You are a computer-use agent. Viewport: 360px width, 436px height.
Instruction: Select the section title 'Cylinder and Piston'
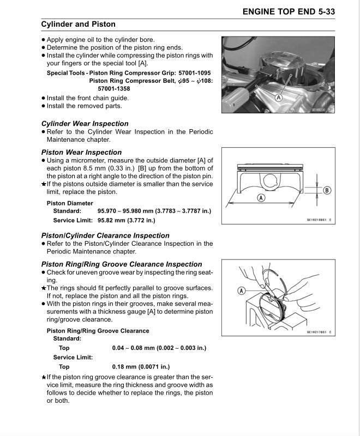coord(79,25)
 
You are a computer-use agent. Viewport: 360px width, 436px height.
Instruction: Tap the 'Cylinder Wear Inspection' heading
coord(85,124)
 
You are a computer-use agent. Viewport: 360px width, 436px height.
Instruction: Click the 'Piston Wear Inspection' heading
coord(82,152)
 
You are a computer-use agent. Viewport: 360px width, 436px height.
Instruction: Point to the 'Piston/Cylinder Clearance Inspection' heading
coord(105,235)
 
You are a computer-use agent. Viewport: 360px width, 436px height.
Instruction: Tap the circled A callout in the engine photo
coord(278,98)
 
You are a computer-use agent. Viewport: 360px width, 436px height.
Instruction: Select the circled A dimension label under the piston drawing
coord(261,198)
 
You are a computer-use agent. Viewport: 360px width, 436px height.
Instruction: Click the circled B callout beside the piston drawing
coord(327,190)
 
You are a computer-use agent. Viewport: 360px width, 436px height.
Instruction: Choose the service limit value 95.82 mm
coord(126,220)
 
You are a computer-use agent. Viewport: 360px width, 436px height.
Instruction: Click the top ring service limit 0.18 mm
coord(141,367)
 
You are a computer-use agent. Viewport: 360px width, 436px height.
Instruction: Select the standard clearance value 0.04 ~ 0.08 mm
coord(159,348)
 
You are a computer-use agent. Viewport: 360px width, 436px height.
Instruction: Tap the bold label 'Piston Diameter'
coord(70,203)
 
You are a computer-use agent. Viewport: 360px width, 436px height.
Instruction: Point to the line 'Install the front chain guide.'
coord(88,98)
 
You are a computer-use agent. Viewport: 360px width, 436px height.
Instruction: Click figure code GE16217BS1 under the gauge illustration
coord(319,332)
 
